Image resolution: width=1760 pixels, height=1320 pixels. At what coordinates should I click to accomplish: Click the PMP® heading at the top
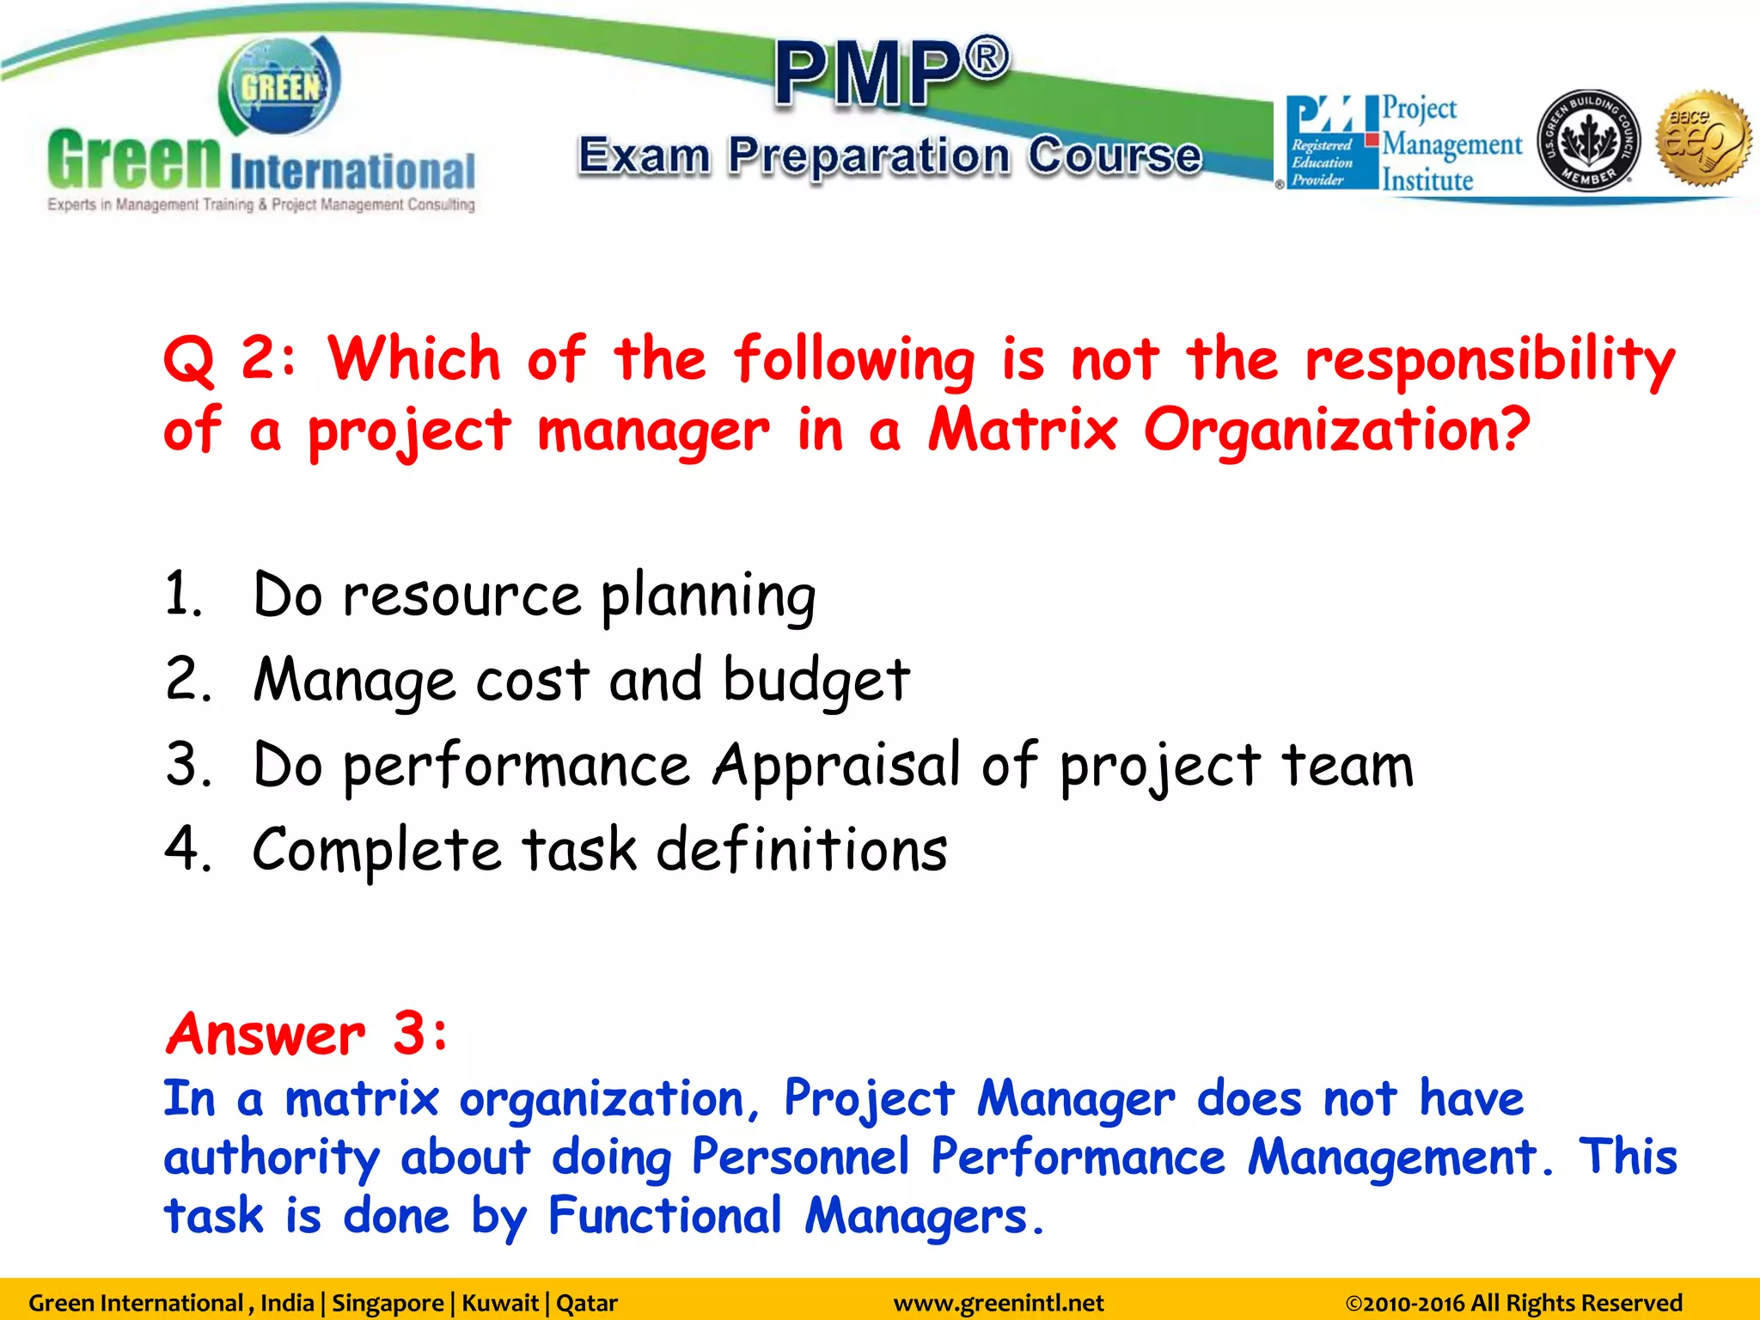tap(890, 73)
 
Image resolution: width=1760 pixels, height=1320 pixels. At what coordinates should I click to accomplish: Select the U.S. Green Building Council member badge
tap(1587, 140)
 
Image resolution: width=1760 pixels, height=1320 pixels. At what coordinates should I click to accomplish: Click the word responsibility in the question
tap(1489, 359)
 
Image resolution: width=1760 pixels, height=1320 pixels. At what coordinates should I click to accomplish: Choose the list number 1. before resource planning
tap(183, 594)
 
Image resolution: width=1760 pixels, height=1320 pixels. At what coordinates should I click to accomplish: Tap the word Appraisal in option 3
tap(835, 765)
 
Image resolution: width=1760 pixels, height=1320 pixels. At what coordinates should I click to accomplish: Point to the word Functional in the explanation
tap(664, 1216)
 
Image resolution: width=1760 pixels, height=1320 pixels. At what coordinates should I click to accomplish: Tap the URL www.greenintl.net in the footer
tap(998, 1303)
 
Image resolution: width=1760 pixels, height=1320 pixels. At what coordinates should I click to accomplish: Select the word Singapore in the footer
tap(387, 1303)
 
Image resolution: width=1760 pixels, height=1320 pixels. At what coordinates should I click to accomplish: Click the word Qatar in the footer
tap(586, 1303)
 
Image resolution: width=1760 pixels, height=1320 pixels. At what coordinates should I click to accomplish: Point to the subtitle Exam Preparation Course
tap(890, 156)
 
